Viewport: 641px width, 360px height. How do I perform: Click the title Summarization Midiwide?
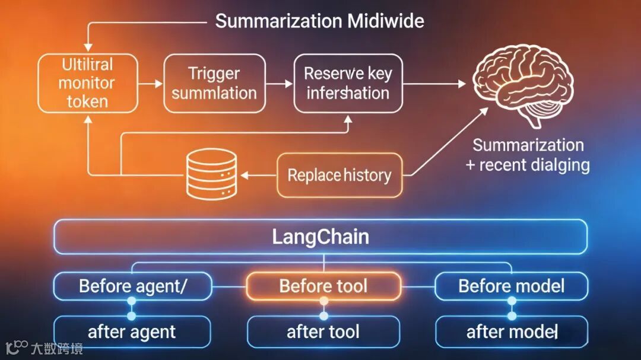click(x=319, y=21)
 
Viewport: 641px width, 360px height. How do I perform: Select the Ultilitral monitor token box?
click(x=87, y=83)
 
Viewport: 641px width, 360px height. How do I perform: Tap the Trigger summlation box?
click(x=214, y=83)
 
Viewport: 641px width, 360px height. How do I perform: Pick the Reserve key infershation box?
click(x=348, y=83)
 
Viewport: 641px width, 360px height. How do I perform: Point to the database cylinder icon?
click(x=211, y=173)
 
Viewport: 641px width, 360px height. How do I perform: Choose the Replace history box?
click(x=339, y=176)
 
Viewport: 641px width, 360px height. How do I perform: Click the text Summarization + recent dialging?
click(x=528, y=155)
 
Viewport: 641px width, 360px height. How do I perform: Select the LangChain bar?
click(x=320, y=237)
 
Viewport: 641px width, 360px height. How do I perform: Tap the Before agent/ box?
click(x=133, y=286)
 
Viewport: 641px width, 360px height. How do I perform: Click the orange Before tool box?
click(x=323, y=286)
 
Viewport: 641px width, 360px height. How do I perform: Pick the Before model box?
click(x=512, y=286)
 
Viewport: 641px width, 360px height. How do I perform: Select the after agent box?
click(x=132, y=332)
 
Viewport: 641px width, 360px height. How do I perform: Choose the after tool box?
click(x=323, y=332)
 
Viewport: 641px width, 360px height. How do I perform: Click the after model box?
click(x=512, y=332)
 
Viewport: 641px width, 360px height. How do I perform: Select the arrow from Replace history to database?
click(x=258, y=175)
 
